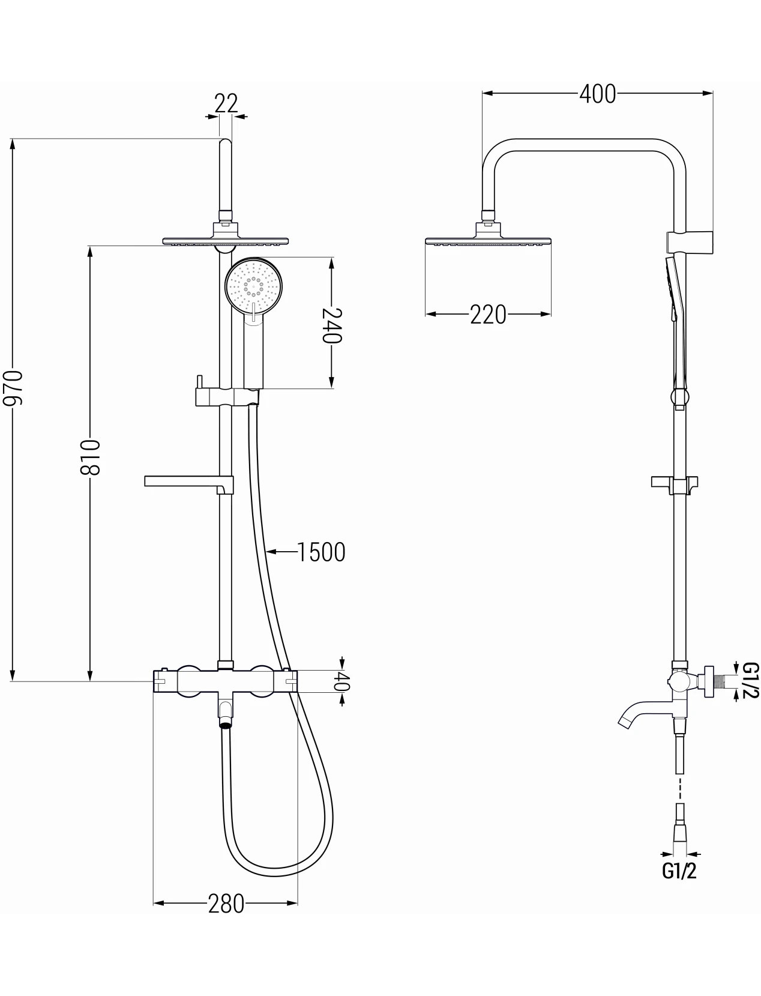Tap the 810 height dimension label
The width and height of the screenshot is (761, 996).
(89, 457)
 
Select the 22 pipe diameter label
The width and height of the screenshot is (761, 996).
(226, 103)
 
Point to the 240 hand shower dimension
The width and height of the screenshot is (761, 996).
(331, 325)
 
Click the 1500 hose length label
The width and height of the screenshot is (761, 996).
(321, 552)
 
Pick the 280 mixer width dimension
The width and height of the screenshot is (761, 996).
(226, 904)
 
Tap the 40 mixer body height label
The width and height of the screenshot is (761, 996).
(343, 681)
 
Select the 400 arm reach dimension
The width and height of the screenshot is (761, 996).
(597, 94)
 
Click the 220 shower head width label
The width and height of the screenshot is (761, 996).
(488, 314)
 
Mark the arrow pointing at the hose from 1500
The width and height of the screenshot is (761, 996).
(281, 552)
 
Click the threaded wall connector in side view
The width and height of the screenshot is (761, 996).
(714, 681)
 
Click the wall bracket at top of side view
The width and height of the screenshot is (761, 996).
(690, 243)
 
